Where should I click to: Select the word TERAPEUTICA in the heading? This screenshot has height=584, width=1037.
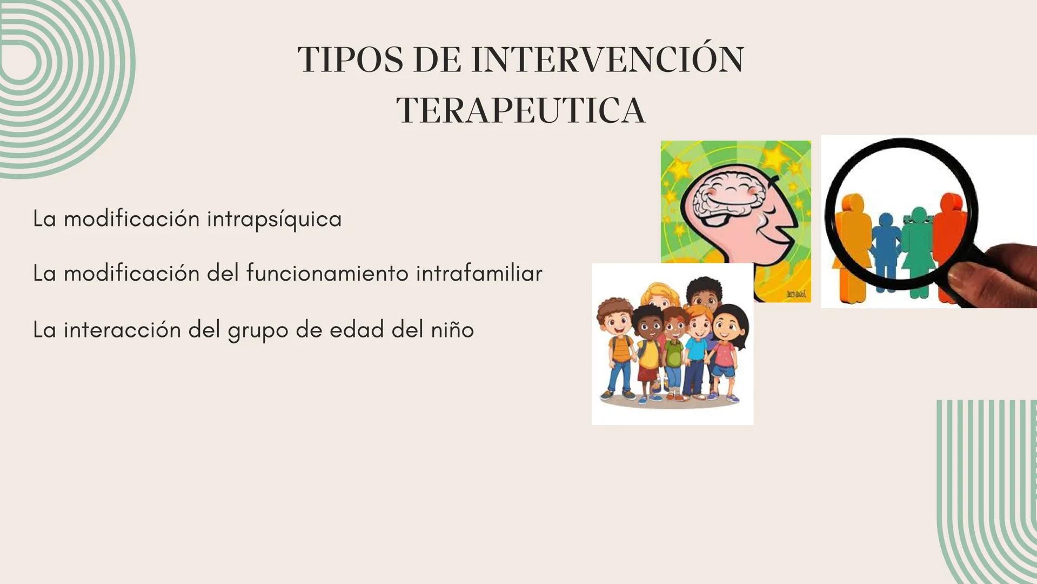click(x=521, y=111)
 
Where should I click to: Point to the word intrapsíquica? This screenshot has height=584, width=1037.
click(x=274, y=219)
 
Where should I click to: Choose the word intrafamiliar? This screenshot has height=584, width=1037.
click(x=479, y=273)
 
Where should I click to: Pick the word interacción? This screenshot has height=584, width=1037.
click(x=122, y=330)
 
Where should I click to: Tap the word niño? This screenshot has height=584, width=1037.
click(x=452, y=330)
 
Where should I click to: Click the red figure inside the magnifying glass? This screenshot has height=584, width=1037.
click(x=949, y=233)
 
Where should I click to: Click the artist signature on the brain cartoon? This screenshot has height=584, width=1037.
click(x=795, y=294)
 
